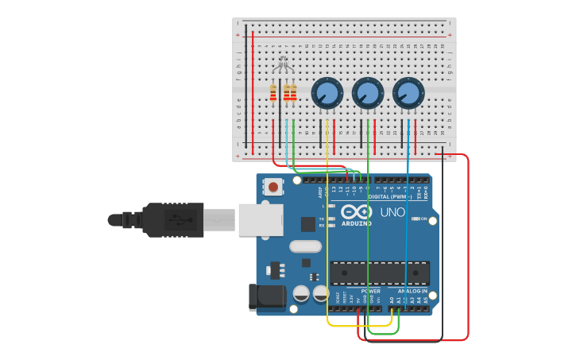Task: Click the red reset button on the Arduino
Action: [x=273, y=188]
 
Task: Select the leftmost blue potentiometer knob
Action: [x=327, y=93]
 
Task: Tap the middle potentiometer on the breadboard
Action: [x=367, y=93]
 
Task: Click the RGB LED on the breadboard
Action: [x=283, y=64]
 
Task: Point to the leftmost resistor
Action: [x=273, y=94]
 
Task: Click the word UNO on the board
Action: [x=392, y=213]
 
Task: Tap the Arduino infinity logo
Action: [x=357, y=212]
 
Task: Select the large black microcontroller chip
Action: [x=380, y=273]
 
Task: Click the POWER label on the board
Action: [x=370, y=291]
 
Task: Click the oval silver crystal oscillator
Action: [x=305, y=246]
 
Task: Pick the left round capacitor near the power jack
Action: [x=301, y=293]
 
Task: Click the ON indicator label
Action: [x=423, y=219]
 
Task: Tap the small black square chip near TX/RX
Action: [x=307, y=224]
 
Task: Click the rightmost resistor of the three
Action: [x=293, y=94]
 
